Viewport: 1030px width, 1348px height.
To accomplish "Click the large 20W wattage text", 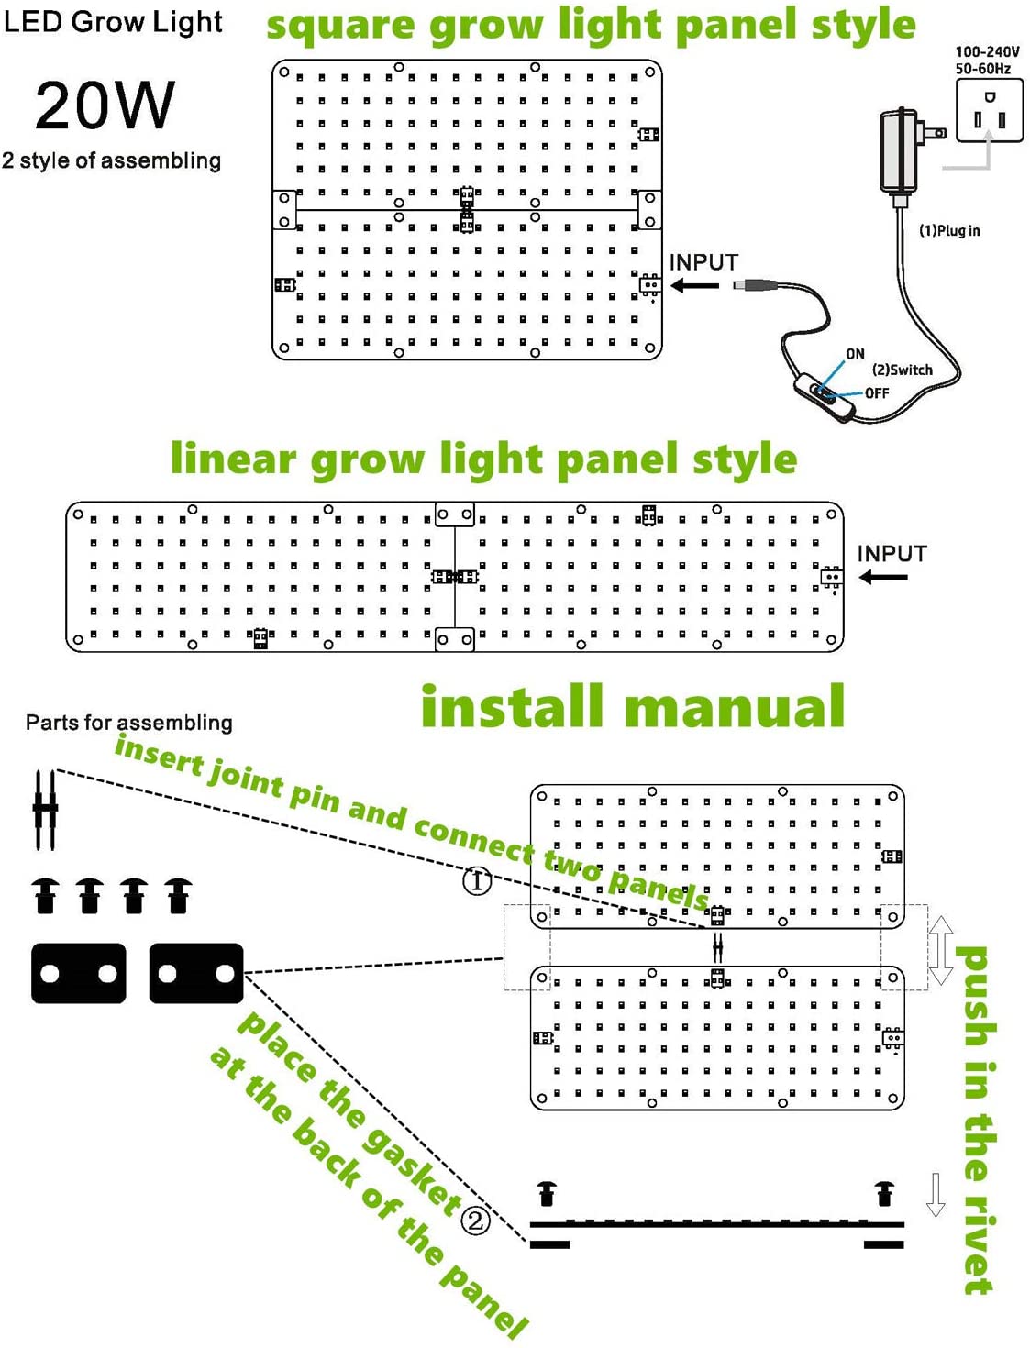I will coord(105,105).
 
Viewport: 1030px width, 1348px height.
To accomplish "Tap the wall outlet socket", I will coord(989,110).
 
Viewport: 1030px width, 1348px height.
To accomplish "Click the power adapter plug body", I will coord(900,151).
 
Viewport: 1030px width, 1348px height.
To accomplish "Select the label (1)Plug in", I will coord(949,231).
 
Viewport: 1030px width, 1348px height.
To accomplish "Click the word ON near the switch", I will coord(855,354).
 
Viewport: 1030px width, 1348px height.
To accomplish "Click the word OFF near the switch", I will coord(877,393).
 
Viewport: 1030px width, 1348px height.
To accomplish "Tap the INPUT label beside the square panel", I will coord(703,262).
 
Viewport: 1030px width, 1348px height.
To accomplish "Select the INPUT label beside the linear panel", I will coord(892,554).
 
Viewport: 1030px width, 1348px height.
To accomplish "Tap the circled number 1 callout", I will coord(476,881).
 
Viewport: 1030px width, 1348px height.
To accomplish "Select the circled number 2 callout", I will coord(475,1221).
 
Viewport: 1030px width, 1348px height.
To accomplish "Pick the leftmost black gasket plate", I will coord(79,973).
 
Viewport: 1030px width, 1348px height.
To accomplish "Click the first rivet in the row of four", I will coord(46,895).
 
